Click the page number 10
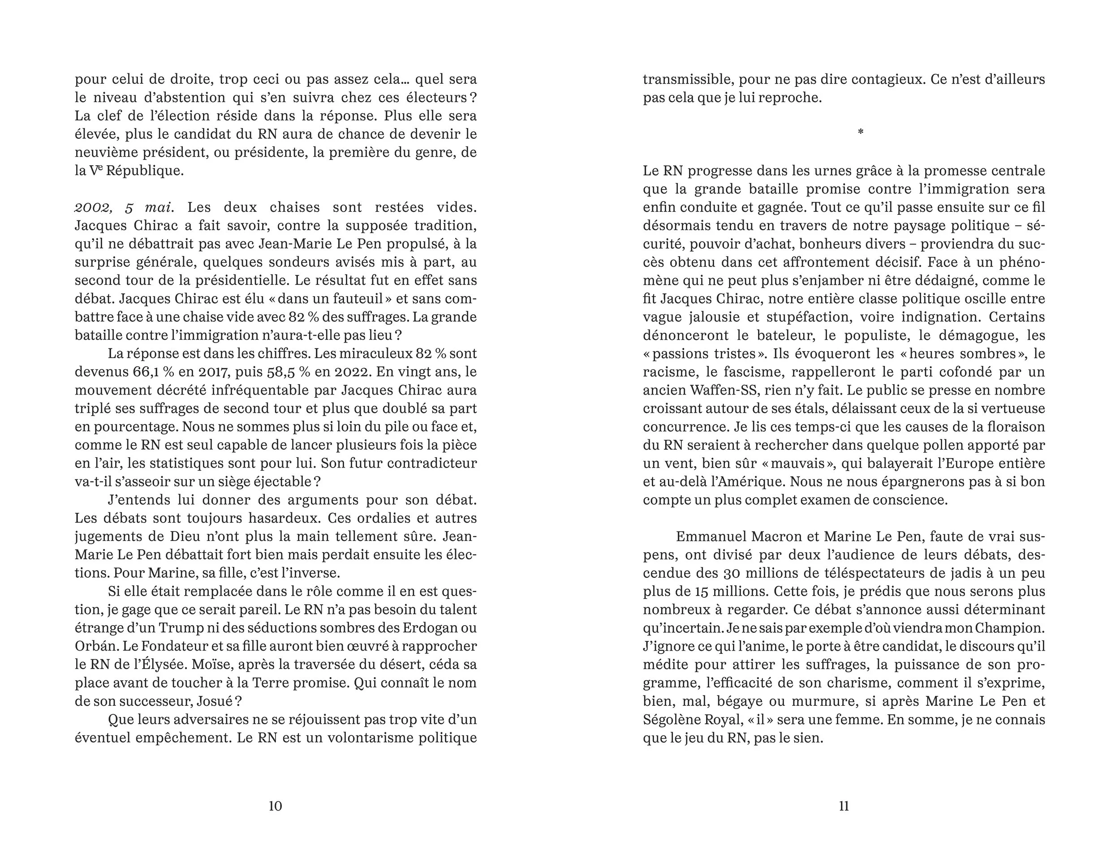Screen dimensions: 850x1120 click(x=275, y=806)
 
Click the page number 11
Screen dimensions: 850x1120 click(x=844, y=806)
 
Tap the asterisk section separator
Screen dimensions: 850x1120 click(x=860, y=132)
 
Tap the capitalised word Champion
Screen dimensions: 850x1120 click(x=1010, y=628)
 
